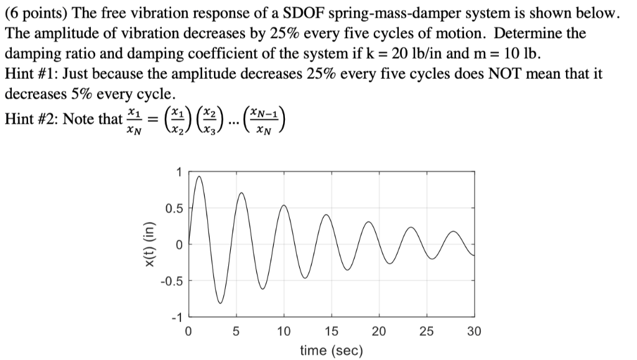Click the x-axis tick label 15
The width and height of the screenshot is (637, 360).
coord(331,331)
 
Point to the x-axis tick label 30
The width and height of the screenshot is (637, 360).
coord(474,331)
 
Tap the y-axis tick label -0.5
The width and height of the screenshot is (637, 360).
coord(172,281)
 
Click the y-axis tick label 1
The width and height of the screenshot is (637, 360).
coord(180,172)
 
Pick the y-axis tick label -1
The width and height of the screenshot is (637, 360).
coord(177,317)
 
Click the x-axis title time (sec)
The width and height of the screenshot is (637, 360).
coord(331,351)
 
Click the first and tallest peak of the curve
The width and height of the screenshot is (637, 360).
coord(198,177)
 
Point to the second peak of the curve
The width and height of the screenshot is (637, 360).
coord(241,193)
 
